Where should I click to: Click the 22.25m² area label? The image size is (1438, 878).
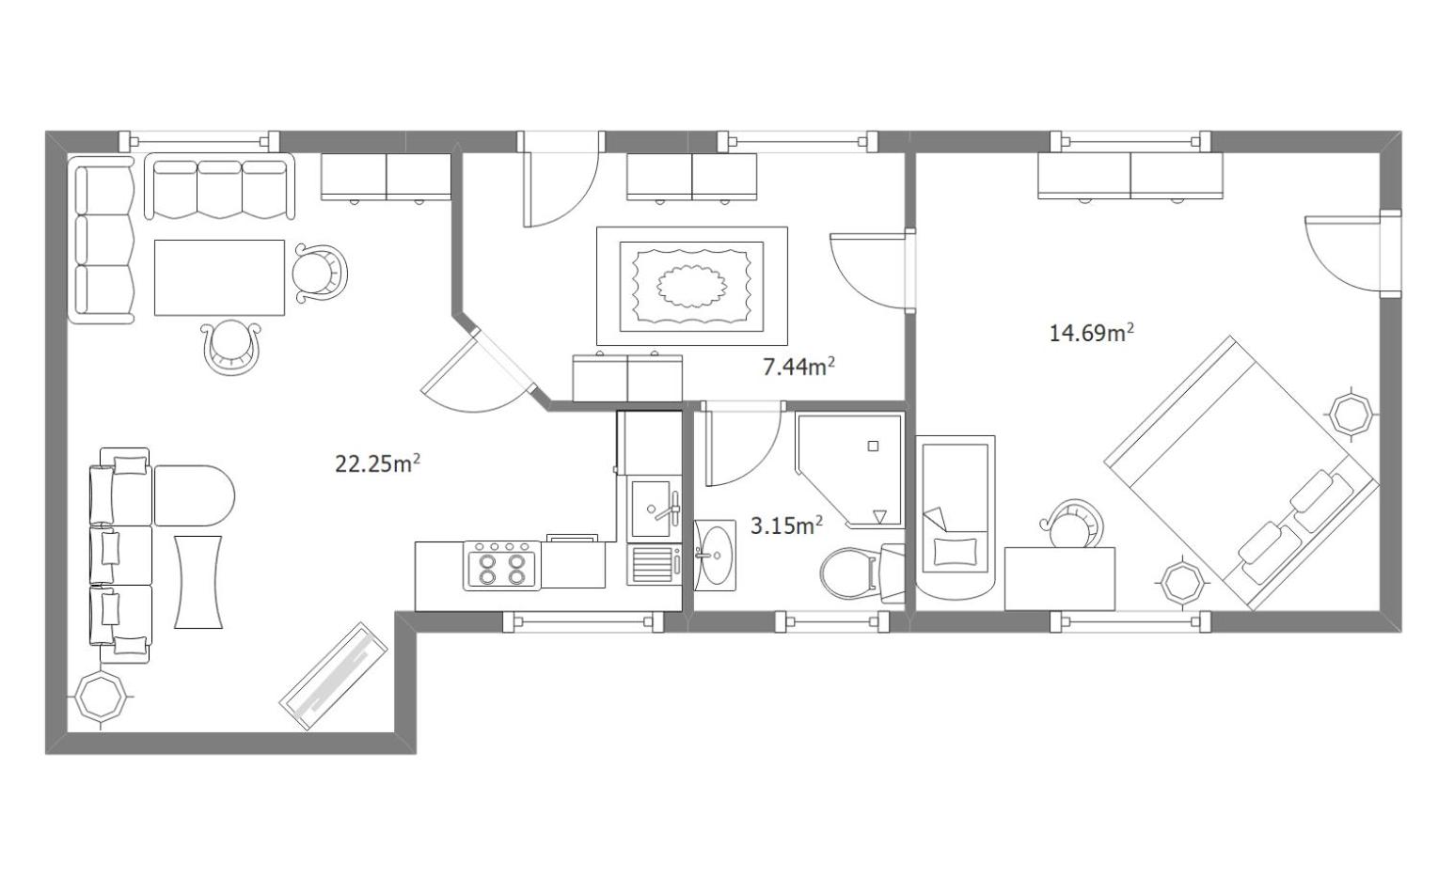(x=377, y=463)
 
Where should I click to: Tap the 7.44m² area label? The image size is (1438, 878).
(x=798, y=367)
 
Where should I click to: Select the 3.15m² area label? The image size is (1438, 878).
(x=786, y=525)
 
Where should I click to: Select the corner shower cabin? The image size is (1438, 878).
(x=848, y=470)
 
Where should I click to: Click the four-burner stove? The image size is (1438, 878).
(x=502, y=566)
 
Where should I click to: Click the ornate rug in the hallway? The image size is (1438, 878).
(x=692, y=287)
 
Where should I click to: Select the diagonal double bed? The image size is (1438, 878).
(x=1241, y=473)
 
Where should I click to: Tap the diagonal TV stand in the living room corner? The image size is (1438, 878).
(x=334, y=676)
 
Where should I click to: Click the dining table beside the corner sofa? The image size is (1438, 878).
(x=219, y=278)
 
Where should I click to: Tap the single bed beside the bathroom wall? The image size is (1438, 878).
(x=956, y=518)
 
